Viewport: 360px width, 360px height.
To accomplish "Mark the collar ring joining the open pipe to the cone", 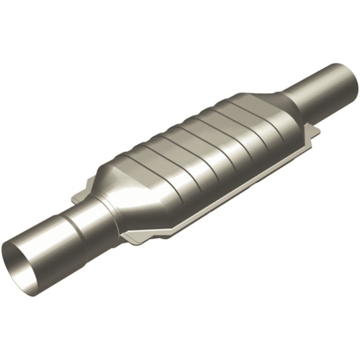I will click(x=101, y=205).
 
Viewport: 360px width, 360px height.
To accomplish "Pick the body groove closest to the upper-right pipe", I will click(x=250, y=112).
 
